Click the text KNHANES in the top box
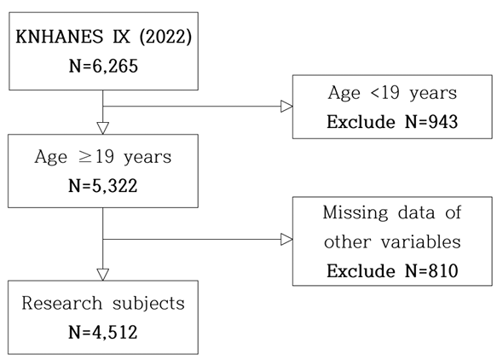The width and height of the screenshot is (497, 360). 60,37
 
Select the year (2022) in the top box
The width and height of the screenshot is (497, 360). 165,37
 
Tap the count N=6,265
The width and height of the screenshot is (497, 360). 103,67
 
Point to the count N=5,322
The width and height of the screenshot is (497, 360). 102,186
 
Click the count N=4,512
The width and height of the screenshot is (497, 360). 102,332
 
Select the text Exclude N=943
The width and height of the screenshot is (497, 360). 392,122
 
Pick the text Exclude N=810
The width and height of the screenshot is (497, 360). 392,271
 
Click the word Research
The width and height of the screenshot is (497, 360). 62,303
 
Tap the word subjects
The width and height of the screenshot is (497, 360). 148,304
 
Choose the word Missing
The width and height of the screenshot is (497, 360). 355,212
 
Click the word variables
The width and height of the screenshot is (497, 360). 420,241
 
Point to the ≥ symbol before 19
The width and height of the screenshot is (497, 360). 85,157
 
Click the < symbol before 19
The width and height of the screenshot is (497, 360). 375,93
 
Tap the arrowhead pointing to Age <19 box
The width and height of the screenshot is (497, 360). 286,107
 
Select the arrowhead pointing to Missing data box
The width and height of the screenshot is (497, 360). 286,239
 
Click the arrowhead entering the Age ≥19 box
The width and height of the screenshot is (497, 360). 102,128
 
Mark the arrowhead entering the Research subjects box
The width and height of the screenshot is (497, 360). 102,275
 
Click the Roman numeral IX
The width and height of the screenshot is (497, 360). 121,37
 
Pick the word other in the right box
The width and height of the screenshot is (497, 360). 348,241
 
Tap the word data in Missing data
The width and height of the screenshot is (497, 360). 416,212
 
